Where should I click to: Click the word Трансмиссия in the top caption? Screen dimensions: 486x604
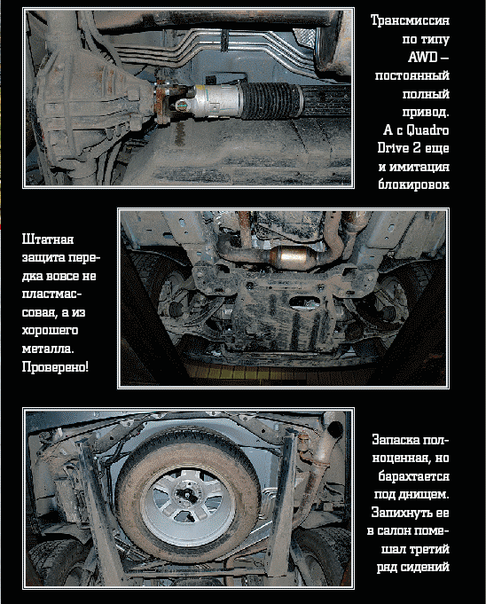(410, 20)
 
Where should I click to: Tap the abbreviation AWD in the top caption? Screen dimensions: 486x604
(422, 57)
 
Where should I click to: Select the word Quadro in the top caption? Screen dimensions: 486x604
(427, 130)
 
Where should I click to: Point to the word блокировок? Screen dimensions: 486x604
(413, 184)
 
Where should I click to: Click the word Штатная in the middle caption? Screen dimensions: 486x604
(48, 239)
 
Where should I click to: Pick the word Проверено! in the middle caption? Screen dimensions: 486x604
(55, 366)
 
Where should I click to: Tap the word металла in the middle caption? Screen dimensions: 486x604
(48, 349)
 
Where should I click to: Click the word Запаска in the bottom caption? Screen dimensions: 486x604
(396, 440)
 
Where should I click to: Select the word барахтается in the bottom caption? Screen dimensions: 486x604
(413, 476)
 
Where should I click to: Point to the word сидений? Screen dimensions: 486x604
(425, 567)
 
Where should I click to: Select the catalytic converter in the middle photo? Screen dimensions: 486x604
(292, 257)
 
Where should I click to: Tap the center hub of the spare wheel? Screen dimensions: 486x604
(187, 497)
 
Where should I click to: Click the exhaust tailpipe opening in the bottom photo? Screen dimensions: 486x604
(334, 429)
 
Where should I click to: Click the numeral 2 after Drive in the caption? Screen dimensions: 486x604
(416, 148)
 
